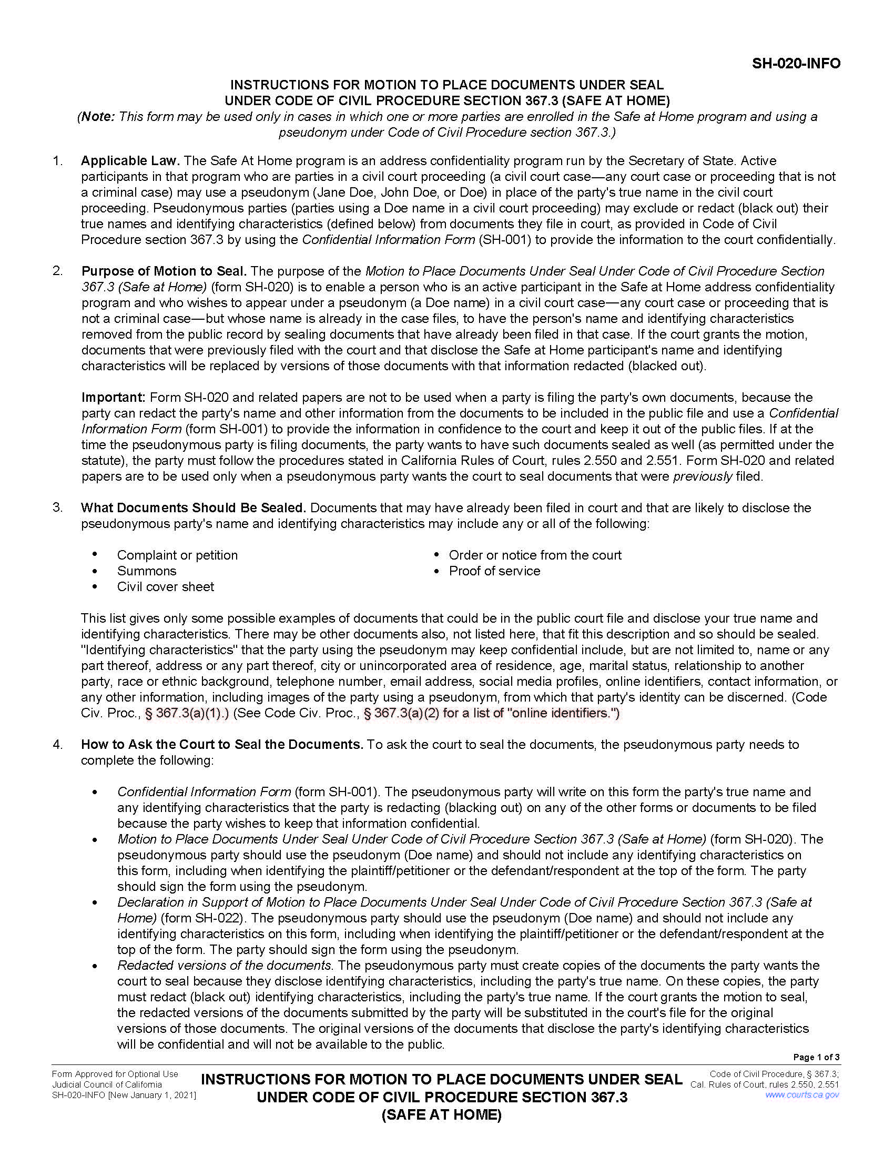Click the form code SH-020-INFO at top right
click(x=796, y=64)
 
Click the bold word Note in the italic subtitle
click(x=96, y=117)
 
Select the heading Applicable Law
click(x=130, y=160)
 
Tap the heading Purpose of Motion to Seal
click(x=164, y=271)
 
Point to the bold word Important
click(x=114, y=397)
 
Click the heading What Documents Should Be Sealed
click(x=194, y=508)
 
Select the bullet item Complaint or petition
click(x=177, y=555)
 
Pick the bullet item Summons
click(x=147, y=571)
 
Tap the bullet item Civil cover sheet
click(x=165, y=586)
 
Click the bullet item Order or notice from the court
click(x=535, y=555)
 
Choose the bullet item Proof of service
click(x=494, y=571)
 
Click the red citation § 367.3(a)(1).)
click(x=187, y=713)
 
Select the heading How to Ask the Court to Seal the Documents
click(x=222, y=744)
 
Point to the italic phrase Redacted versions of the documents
click(x=224, y=965)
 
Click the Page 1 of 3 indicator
click(x=816, y=1057)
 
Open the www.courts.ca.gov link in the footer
click(x=802, y=1094)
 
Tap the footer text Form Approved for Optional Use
click(x=115, y=1074)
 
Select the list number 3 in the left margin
click(x=57, y=508)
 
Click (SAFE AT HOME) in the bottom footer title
click(x=441, y=1114)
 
